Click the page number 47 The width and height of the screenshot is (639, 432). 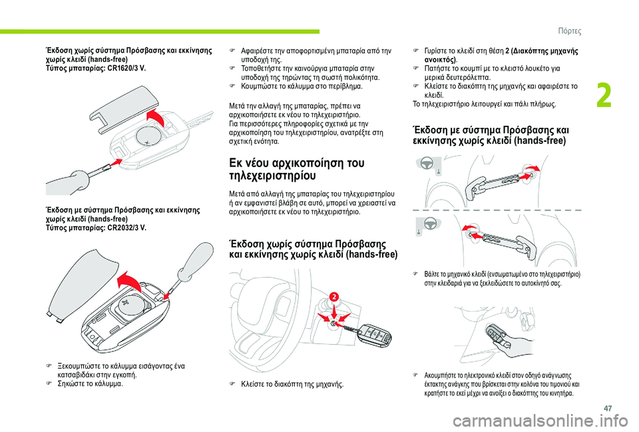click(x=608, y=408)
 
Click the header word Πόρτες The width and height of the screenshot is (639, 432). click(x=569, y=31)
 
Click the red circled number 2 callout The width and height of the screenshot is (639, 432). click(x=333, y=296)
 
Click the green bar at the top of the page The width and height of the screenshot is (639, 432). click(x=160, y=31)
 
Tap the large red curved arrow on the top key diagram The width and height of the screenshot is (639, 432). click(x=156, y=116)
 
